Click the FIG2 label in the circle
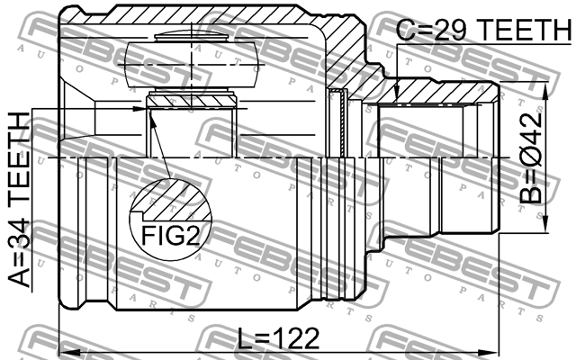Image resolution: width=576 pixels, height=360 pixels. (x=170, y=236)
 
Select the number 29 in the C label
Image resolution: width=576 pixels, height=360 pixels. (x=453, y=29)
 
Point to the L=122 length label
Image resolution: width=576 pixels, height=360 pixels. (x=278, y=338)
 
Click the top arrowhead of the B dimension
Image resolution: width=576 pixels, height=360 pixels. (x=544, y=90)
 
